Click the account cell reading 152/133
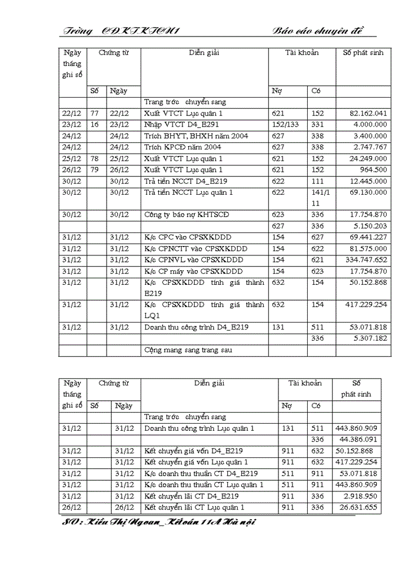(x=286, y=125)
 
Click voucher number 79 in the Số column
(x=94, y=169)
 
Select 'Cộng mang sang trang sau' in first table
(x=188, y=350)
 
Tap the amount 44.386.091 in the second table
(x=355, y=440)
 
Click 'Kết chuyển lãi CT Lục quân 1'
(x=194, y=507)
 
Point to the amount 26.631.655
(x=355, y=507)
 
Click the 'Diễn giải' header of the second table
(x=210, y=383)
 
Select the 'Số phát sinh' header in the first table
(x=363, y=52)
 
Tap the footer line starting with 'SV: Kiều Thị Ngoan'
(x=159, y=521)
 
